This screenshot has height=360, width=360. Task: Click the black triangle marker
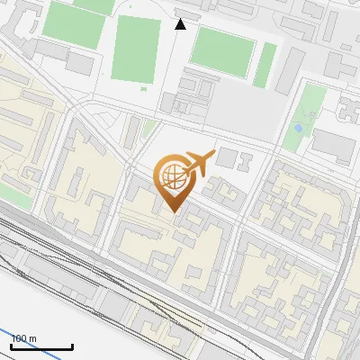coord(180,23)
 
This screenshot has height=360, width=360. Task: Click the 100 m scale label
coord(23,338)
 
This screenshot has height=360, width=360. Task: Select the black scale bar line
coord(41,346)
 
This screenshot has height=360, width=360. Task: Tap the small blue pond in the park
coord(297,129)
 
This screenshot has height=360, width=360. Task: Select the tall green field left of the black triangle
coord(136,49)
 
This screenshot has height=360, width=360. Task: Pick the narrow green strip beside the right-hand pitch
coord(265,65)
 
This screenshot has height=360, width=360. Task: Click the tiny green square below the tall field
coord(144,88)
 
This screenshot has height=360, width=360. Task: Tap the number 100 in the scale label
coord(19,338)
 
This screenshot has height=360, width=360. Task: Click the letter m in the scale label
coord(32,338)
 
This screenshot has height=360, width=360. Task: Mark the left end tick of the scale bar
coord(12,345)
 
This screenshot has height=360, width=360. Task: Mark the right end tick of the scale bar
coord(72,345)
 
